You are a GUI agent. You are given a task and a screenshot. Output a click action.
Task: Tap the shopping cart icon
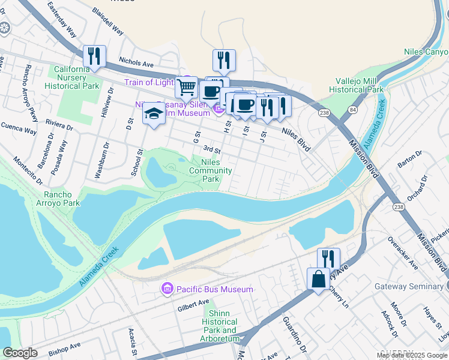[x=187, y=87]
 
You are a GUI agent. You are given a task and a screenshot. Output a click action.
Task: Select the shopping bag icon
[x=318, y=279]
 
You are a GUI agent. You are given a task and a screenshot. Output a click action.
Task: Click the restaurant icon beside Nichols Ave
[x=94, y=56]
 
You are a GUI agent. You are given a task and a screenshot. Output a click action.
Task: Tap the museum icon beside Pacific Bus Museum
[x=166, y=290]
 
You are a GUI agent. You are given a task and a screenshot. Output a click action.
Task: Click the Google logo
[x=20, y=353]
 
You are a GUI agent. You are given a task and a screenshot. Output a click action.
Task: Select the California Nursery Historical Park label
[x=71, y=77]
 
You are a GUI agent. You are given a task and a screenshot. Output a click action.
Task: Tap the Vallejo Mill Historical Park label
[x=356, y=85]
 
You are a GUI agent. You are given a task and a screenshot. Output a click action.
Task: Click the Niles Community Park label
[x=210, y=170]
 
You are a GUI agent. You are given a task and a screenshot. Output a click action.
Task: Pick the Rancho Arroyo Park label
[x=58, y=199]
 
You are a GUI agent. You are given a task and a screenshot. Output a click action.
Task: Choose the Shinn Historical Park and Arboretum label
[x=220, y=326]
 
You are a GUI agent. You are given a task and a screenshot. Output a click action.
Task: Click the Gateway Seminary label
[x=409, y=287]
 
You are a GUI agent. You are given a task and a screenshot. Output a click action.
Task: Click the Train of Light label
[x=149, y=82]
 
